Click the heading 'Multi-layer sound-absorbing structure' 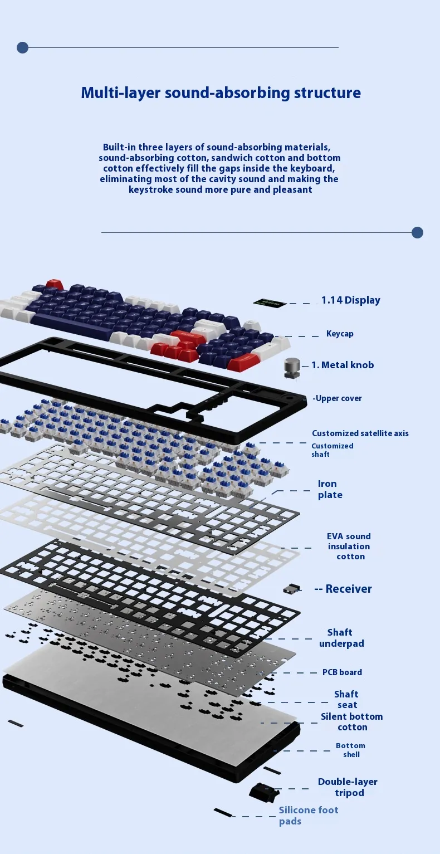tap(221, 92)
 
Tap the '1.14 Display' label tap(351, 300)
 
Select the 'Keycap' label tap(340, 334)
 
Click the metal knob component tap(292, 368)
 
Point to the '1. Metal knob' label tap(343, 365)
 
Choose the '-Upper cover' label tap(337, 398)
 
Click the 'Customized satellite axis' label tap(360, 433)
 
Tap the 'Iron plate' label tap(330, 489)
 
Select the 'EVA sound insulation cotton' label tap(349, 546)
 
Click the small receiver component tap(292, 589)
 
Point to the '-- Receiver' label tap(343, 589)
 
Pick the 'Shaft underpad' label tap(341, 638)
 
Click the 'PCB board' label tap(342, 672)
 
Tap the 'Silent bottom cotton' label tap(351, 722)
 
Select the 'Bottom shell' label tap(350, 750)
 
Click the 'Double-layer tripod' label tap(348, 787)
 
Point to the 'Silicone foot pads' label tap(309, 816)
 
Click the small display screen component tap(269, 304)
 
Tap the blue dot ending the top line tap(22, 48)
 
